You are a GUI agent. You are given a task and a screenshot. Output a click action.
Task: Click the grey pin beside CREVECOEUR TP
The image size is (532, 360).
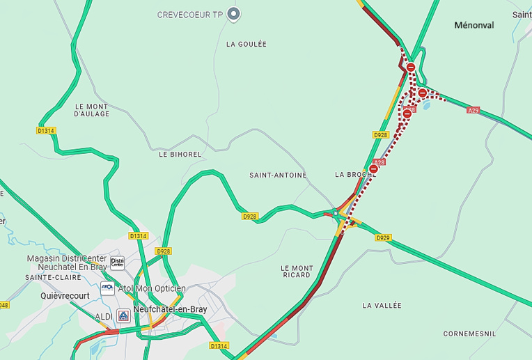click(234, 14)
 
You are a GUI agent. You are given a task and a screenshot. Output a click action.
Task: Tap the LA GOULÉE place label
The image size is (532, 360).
click(247, 44)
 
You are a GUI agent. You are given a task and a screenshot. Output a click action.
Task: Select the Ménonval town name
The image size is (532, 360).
click(474, 25)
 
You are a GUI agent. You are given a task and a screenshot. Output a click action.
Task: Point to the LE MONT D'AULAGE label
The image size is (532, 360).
click(93, 110)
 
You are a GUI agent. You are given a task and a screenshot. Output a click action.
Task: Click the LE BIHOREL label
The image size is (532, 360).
click(180, 154)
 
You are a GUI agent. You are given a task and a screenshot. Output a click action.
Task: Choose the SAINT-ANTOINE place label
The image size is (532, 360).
click(278, 175)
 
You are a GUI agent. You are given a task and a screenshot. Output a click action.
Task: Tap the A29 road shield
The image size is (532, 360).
click(474, 111)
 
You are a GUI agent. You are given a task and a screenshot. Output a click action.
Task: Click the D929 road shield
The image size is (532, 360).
click(383, 237)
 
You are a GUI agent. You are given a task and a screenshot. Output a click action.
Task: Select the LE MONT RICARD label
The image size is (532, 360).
click(297, 272)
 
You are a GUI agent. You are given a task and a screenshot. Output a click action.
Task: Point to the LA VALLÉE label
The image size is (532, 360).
click(382, 306)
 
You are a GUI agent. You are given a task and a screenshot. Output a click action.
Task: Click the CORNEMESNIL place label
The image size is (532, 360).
click(470, 334)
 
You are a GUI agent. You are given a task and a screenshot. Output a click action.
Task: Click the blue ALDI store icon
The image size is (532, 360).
click(123, 316)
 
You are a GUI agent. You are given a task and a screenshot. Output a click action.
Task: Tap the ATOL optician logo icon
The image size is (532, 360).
click(107, 288)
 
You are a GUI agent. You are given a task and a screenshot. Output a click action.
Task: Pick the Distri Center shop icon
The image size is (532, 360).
click(117, 263)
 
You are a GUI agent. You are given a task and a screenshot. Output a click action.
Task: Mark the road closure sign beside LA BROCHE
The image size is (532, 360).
click(374, 169)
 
